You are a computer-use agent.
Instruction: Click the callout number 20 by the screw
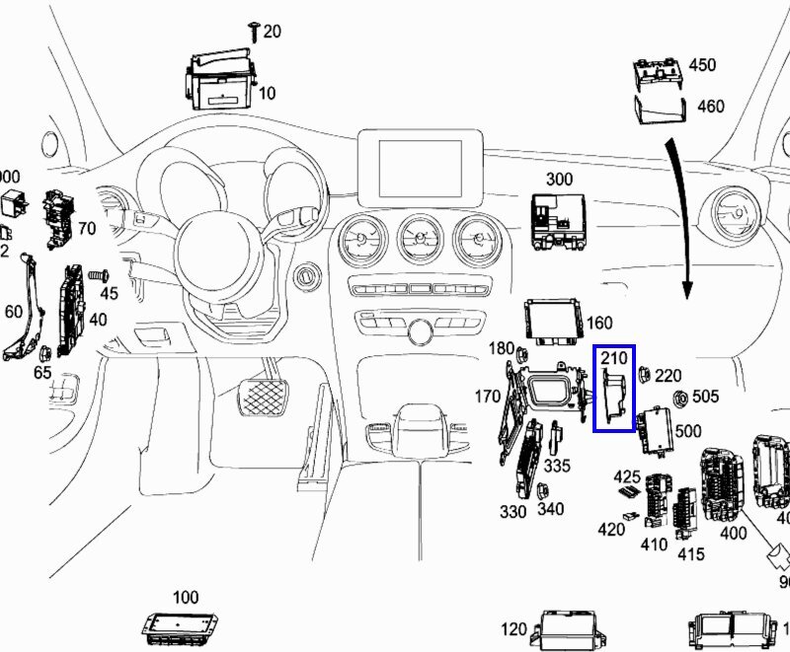click(x=272, y=32)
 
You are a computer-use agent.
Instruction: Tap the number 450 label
click(x=701, y=65)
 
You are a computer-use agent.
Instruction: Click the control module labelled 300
click(x=559, y=220)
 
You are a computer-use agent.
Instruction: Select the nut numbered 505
click(x=681, y=398)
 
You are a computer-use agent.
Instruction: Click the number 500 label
click(x=688, y=432)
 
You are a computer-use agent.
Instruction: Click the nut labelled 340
click(x=542, y=491)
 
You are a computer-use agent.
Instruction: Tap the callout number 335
click(x=557, y=465)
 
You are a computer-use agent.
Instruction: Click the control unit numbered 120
click(x=569, y=629)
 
